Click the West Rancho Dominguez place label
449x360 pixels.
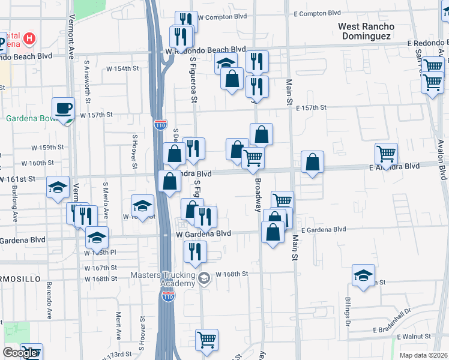pos(366,31)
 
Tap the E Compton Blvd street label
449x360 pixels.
pos(318,13)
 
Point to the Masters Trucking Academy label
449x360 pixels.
pos(163,280)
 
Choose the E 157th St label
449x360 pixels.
pos(311,107)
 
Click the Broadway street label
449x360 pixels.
pos(259,194)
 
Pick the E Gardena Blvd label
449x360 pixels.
pos(324,229)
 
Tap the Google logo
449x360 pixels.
pos(20,353)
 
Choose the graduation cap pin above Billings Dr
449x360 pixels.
pos(363,276)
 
